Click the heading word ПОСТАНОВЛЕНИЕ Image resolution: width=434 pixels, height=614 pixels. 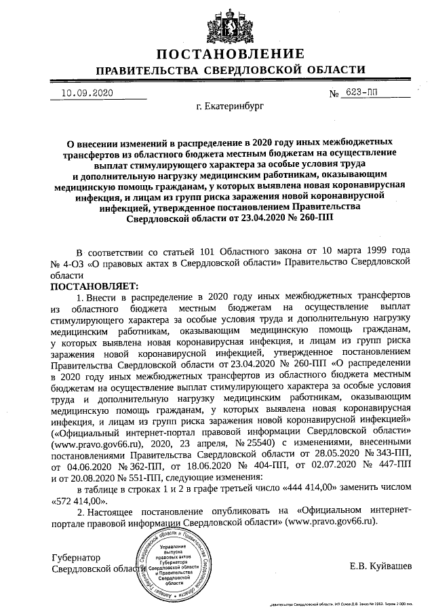(x=231, y=54)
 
